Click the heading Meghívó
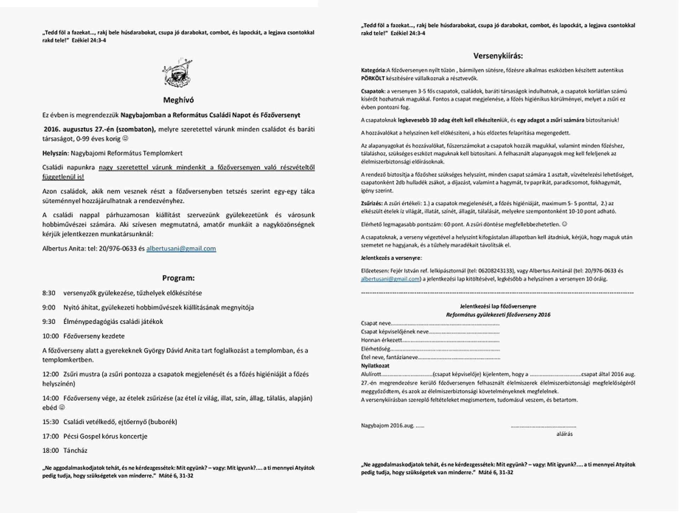[x=178, y=100]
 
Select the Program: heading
[x=178, y=278]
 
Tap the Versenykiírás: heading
[x=498, y=56]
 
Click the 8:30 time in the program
[x=49, y=293]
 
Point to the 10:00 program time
[x=50, y=336]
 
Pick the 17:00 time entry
[x=50, y=436]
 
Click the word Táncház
[x=75, y=450]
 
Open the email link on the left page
[x=181, y=249]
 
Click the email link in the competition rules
[x=390, y=279]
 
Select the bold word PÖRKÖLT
[x=373, y=78]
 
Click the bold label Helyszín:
[x=55, y=153]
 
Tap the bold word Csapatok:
[x=373, y=91]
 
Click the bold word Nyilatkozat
[x=375, y=366]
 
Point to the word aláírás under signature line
[x=564, y=434]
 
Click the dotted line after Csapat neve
[x=445, y=323]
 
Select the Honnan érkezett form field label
[x=381, y=340]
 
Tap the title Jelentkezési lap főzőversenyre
[x=498, y=307]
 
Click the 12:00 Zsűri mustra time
[x=50, y=374]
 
